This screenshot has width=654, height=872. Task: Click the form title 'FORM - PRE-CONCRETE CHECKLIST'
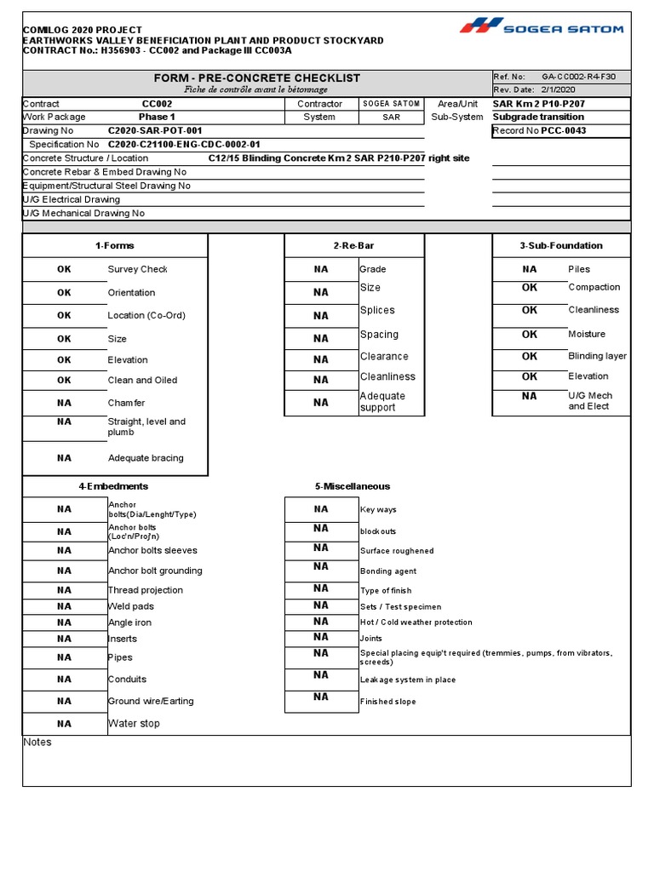(256, 77)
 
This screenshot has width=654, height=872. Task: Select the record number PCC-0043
(564, 131)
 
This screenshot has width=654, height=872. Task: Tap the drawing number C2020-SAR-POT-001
(155, 131)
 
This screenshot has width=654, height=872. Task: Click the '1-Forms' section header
(114, 246)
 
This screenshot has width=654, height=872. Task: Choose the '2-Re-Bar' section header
(353, 246)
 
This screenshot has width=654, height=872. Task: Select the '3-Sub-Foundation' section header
(560, 246)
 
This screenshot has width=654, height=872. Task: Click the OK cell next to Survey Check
(65, 269)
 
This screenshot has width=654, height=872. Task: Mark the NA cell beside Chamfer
(65, 403)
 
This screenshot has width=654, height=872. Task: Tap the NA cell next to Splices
(320, 315)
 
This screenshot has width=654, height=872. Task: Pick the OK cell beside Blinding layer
(530, 357)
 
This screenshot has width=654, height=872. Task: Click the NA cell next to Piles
(530, 269)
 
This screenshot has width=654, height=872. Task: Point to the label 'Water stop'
(134, 724)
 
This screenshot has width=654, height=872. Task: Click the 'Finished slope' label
(388, 702)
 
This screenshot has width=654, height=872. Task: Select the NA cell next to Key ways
(320, 509)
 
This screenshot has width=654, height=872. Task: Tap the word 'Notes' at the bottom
(37, 743)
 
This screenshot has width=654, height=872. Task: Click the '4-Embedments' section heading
(113, 486)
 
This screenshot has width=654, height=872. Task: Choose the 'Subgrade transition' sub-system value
(538, 118)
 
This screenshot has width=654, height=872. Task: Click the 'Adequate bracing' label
(146, 458)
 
